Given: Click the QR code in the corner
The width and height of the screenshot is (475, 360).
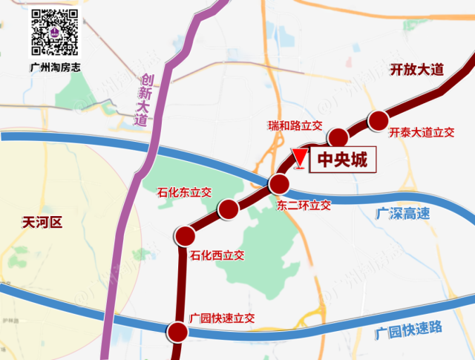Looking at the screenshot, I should pos(53,33).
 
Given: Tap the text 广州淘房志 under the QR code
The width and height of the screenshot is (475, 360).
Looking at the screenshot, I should pos(53,67).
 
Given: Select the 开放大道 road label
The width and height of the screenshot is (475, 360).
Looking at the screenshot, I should pos(416,71).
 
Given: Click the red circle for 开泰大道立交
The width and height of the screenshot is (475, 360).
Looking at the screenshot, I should pos(379,120).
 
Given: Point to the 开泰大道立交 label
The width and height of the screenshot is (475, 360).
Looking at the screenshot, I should pos(421,133).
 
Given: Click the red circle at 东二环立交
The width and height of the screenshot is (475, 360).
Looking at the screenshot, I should pos(279,184).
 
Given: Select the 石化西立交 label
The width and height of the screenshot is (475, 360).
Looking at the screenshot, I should pos(217,256).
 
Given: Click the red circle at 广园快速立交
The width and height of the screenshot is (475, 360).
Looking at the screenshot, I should pos(177,331).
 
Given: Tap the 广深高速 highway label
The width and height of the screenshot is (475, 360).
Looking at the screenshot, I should pos(402,214).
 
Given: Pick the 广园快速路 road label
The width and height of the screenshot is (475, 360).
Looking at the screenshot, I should pos(408,327).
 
